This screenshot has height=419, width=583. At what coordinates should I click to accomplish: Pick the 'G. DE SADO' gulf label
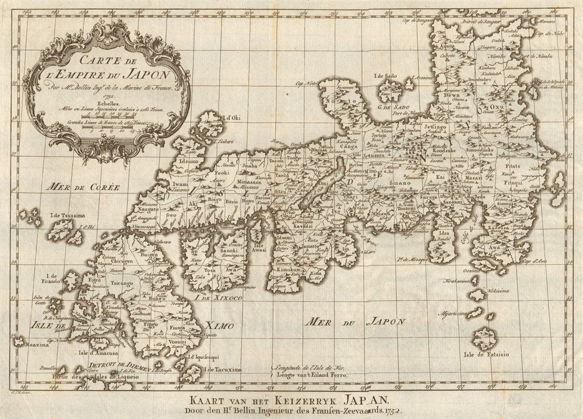[394, 105]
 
